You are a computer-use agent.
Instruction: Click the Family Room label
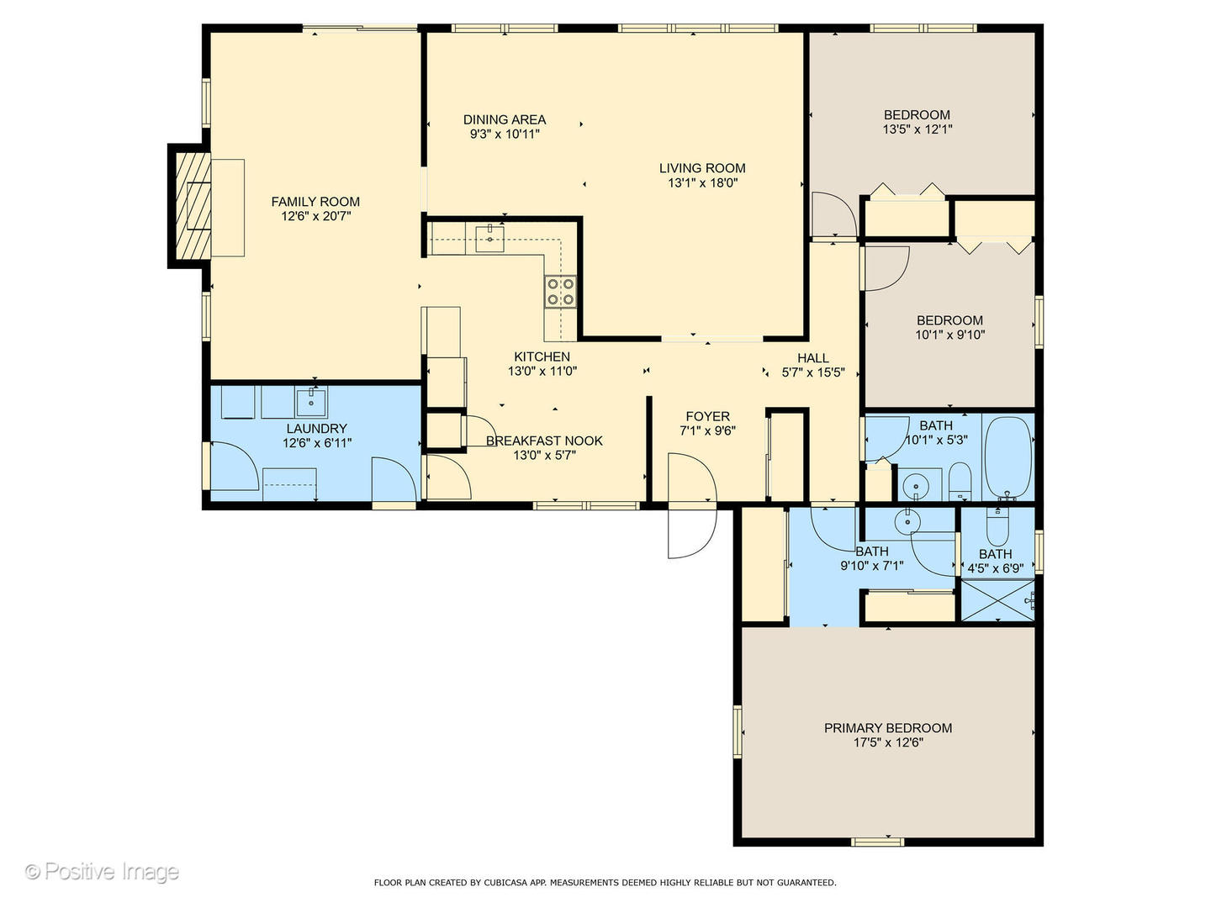pyautogui.click(x=315, y=202)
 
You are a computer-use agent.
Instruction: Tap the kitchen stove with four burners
pyautogui.click(x=561, y=292)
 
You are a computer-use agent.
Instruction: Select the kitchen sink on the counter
pyautogui.click(x=489, y=238)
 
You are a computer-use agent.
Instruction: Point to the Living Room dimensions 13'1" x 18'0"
pyautogui.click(x=702, y=183)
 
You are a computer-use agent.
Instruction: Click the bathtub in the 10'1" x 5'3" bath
pyautogui.click(x=1008, y=458)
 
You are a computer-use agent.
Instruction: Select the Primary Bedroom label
pyautogui.click(x=888, y=728)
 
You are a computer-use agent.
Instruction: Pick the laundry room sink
pyautogui.click(x=312, y=402)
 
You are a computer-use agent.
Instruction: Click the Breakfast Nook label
pyautogui.click(x=544, y=441)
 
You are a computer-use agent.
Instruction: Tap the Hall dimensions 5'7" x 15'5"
pyautogui.click(x=813, y=372)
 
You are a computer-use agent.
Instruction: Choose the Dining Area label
pyautogui.click(x=505, y=119)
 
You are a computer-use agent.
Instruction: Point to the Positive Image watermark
pyautogui.click(x=102, y=872)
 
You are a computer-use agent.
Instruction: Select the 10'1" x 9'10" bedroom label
pyautogui.click(x=949, y=328)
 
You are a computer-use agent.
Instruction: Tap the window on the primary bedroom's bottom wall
pyautogui.click(x=877, y=842)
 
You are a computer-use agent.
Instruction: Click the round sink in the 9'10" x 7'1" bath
pyautogui.click(x=907, y=521)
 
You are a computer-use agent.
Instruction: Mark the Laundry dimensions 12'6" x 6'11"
pyautogui.click(x=317, y=443)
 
